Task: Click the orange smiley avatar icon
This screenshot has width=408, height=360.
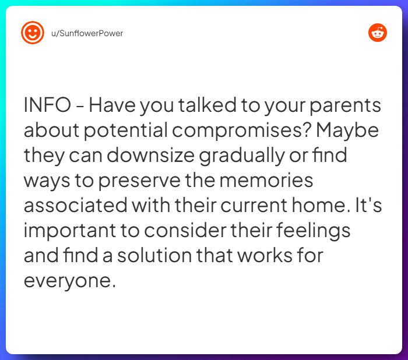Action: [x=33, y=33]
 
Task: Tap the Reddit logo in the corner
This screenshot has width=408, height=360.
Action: [x=378, y=33]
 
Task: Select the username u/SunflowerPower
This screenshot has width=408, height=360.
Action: [x=87, y=33]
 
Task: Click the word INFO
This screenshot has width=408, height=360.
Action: [x=48, y=106]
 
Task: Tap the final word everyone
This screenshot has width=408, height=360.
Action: [x=67, y=281]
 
